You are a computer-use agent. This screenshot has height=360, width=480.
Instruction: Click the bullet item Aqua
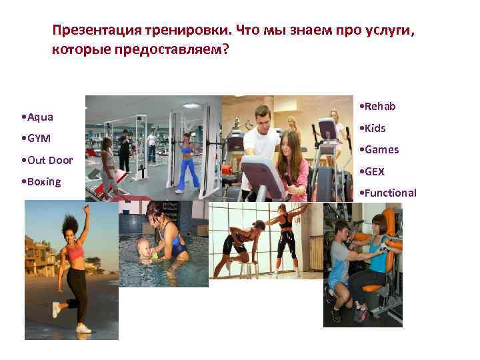click(x=39, y=117)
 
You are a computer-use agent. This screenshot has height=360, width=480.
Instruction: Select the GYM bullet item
click(x=39, y=139)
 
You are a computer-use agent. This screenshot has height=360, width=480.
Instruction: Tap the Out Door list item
click(x=48, y=160)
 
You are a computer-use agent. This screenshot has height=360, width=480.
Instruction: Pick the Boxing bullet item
click(x=43, y=181)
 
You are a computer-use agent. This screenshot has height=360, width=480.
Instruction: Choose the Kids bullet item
click(x=374, y=128)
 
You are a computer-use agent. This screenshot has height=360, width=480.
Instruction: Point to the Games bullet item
click(x=381, y=149)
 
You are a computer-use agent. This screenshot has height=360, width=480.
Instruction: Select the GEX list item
click(x=373, y=171)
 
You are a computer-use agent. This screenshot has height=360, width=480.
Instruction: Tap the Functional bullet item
click(x=389, y=193)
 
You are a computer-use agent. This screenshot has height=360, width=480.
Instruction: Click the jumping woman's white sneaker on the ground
click(x=83, y=327)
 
